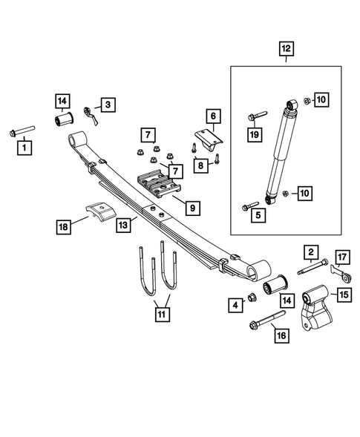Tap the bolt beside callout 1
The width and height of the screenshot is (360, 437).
coord(22,133)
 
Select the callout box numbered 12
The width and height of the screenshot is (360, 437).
coord(286,50)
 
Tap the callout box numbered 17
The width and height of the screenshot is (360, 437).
coord(342,257)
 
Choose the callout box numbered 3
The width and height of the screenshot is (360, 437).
coord(108,105)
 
